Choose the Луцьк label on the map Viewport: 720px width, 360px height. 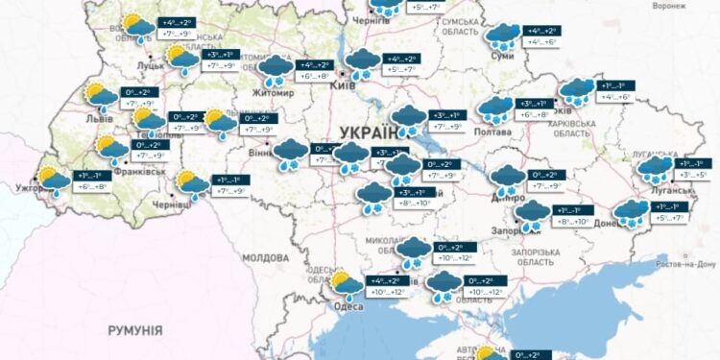click(x=152, y=66)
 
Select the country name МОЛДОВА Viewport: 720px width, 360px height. click(x=265, y=258)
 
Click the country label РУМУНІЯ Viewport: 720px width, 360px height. click(x=134, y=330)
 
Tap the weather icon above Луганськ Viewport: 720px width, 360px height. click(x=657, y=169)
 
